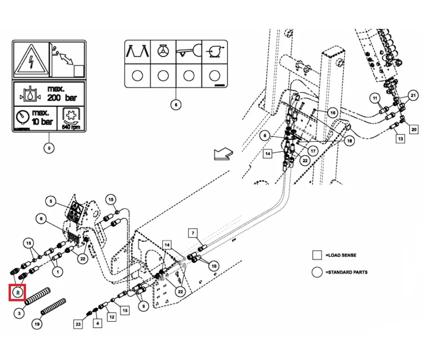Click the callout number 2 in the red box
tap(18, 292)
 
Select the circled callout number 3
tap(20, 314)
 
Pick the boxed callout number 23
tap(78, 324)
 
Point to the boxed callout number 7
tap(193, 234)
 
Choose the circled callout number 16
tap(332, 113)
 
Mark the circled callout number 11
tap(374, 98)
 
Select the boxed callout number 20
tap(413, 129)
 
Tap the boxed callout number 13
tap(400, 139)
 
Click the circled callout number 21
tap(413, 95)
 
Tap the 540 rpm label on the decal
tap(71, 127)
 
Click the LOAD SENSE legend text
tap(341, 255)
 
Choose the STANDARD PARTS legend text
tap(346, 272)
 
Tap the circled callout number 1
tap(57, 273)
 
